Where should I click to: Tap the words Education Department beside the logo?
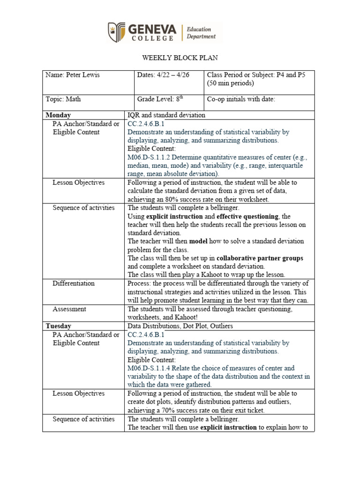coord(201,33)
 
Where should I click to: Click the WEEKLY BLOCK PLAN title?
coord(180,58)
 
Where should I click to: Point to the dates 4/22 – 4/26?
coord(163,75)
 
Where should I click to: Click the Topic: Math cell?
coord(64,99)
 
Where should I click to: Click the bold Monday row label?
coord(58,115)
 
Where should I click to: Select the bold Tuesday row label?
coord(59,326)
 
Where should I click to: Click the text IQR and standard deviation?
coord(166,115)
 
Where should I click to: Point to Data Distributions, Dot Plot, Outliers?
coord(180,326)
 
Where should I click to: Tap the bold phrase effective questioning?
coord(247,216)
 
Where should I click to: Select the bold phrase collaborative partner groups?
coord(260,258)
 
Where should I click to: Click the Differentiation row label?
coord(74,284)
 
